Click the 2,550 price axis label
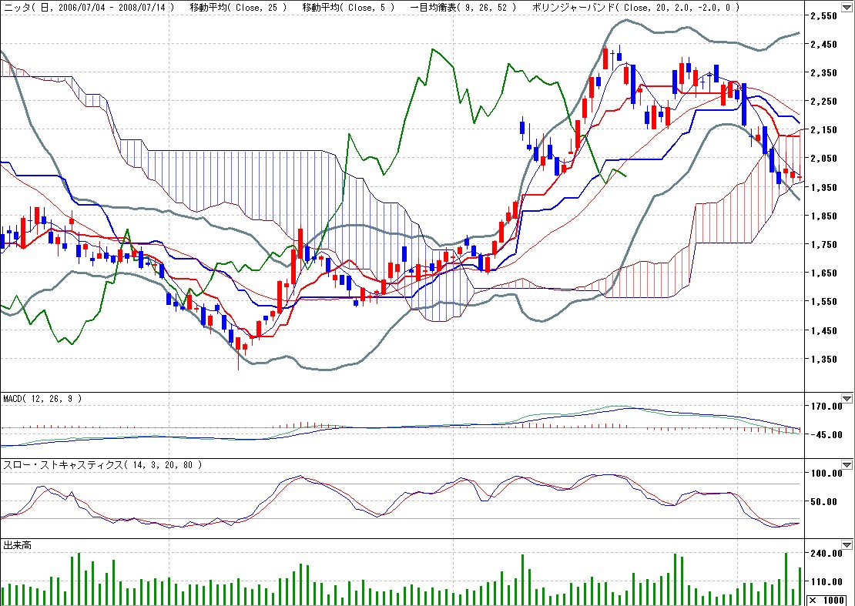(x=827, y=15)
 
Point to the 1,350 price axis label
(x=827, y=359)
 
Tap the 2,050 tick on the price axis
(x=827, y=159)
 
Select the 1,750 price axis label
(x=827, y=245)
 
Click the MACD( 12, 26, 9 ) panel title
(x=42, y=399)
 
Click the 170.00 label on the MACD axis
(x=829, y=406)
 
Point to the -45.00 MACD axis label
(x=829, y=434)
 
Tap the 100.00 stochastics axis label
(x=829, y=473)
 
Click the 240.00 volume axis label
(x=829, y=554)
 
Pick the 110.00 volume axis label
(x=829, y=582)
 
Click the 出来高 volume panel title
(x=18, y=545)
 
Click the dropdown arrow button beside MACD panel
(x=847, y=399)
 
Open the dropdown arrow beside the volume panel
(x=847, y=545)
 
